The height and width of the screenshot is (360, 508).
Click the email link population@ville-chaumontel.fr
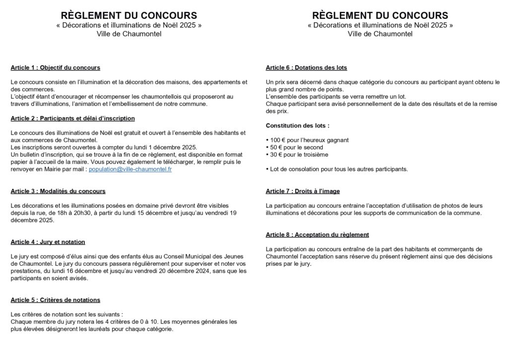pos(130,169)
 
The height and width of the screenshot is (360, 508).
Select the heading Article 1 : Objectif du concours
pos(55,68)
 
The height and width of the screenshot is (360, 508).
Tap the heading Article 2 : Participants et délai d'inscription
pos(72,118)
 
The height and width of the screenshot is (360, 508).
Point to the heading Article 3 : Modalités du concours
pos(58,191)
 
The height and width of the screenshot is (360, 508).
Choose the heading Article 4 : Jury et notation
pos(48,242)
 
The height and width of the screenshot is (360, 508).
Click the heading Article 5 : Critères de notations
pos(55,300)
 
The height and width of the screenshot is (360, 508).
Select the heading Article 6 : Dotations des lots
pos(307,68)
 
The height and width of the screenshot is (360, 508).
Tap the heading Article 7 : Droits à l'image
pos(303,191)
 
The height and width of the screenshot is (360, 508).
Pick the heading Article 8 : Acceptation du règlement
pos(317,234)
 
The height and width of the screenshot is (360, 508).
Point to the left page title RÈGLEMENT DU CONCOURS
pos(128,15)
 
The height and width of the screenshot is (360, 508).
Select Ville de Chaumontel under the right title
pos(380,34)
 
